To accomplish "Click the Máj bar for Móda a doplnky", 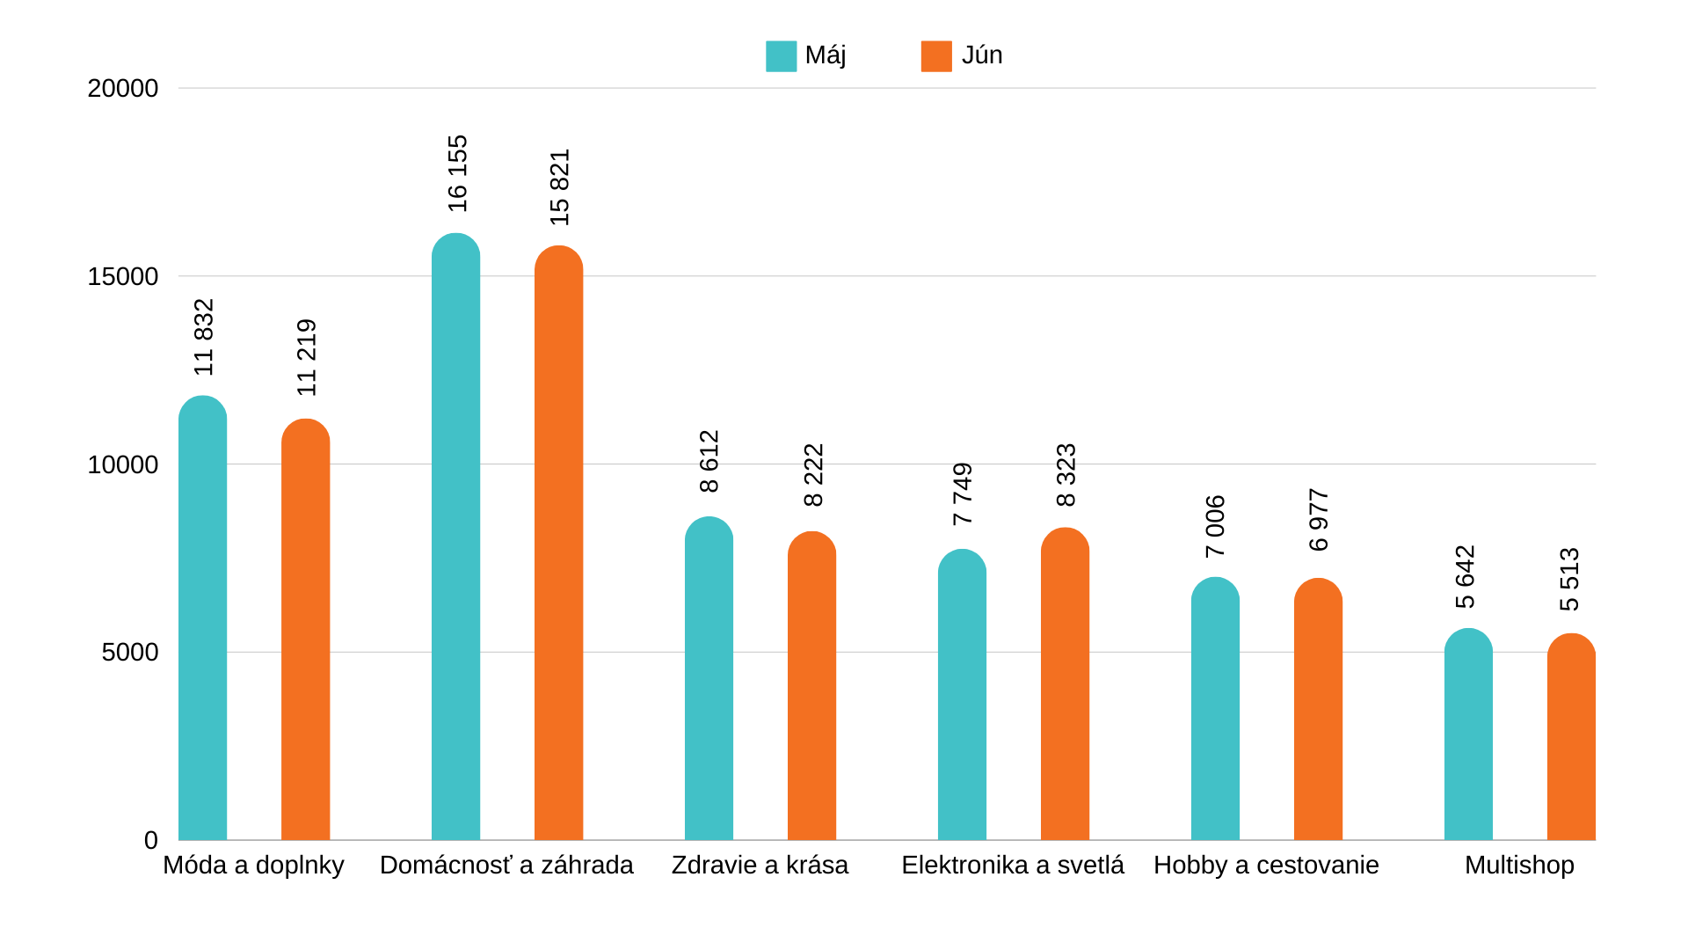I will coord(202,620).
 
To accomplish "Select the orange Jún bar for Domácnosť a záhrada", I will coord(558,545).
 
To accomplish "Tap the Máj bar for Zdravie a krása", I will coord(709,680).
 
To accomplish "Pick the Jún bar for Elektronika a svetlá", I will coord(1065,686).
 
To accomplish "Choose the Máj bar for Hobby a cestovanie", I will coord(1215,711).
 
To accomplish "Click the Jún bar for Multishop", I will coord(1571,739).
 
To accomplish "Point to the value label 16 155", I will coord(458,173).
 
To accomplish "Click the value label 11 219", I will coord(306,357).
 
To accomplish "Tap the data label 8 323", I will coord(1066,475).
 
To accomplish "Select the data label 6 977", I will coord(1319,520).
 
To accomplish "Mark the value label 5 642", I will coord(1465,577).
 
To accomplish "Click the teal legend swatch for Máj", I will coord(781,56).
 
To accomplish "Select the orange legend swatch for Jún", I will coord(936,56).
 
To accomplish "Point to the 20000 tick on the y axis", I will coord(123,89).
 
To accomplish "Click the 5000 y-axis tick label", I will coord(130,653).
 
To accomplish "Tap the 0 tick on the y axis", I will coord(151,841).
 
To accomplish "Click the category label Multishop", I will coord(1519,866).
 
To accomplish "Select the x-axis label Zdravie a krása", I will coord(760,866).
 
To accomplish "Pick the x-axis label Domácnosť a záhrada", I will coord(506,866).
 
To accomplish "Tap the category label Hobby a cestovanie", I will coord(1266,866).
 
